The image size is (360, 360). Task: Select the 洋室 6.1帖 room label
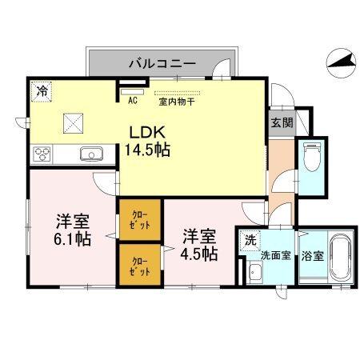coord(73,230)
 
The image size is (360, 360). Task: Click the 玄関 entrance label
coord(281,123)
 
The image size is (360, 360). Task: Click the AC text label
coord(132,101)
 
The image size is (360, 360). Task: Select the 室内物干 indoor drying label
coord(173,101)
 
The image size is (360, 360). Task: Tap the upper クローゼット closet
coord(139,220)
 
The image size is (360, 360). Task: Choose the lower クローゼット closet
coord(139,265)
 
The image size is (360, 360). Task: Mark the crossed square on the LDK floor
coord(74,123)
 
